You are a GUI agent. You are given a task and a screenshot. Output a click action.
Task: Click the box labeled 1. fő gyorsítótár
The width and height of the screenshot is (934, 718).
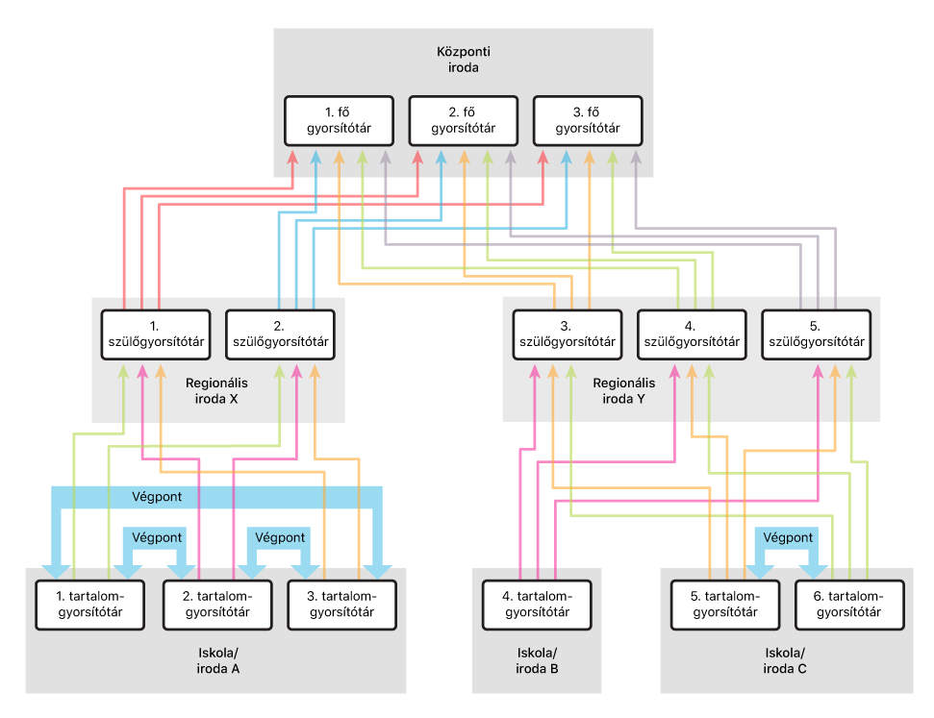click(340, 121)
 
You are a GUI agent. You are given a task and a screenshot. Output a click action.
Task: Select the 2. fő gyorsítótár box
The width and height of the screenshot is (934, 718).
click(463, 121)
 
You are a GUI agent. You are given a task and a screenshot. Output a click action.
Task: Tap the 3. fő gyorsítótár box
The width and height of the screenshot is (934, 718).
click(587, 121)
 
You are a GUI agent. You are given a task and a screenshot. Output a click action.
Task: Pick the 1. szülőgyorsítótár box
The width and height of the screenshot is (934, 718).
click(154, 334)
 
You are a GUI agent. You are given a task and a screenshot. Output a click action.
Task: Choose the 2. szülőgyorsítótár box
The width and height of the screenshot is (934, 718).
click(279, 334)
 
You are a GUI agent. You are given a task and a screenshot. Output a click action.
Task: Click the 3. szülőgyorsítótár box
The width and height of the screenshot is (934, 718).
click(567, 334)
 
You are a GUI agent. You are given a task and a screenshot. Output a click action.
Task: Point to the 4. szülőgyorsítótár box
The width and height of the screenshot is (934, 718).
click(692, 334)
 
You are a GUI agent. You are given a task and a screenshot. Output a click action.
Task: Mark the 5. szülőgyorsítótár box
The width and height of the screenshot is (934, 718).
click(816, 334)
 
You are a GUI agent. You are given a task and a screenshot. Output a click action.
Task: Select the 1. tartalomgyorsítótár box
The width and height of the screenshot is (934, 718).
click(92, 605)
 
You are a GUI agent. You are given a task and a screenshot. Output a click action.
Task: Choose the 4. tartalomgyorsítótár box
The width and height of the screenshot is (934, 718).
click(536, 605)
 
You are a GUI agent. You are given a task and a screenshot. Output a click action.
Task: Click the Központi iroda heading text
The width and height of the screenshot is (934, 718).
click(462, 60)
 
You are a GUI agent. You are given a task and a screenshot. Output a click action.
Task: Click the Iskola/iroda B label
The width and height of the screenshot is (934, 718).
click(536, 661)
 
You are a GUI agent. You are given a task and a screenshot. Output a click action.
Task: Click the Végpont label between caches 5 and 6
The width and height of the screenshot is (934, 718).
click(789, 537)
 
